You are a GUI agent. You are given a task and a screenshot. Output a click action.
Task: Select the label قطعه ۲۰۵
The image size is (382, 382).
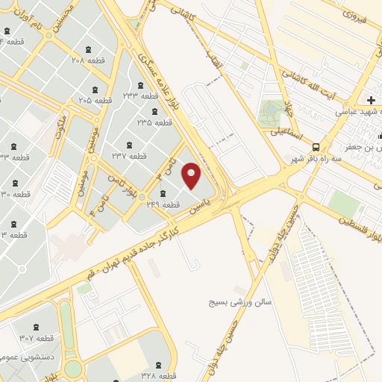tap(95, 99)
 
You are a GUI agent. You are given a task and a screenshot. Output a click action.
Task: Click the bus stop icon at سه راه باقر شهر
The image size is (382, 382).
tap(316, 146)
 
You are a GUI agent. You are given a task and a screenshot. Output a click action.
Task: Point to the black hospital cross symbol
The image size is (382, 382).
tap(372, 100)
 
